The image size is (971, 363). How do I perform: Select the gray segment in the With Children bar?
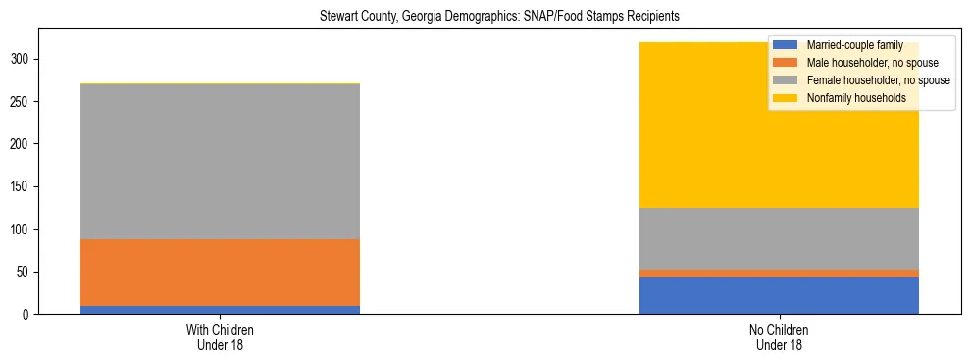click(220, 162)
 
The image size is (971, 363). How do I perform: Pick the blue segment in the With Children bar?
click(220, 310)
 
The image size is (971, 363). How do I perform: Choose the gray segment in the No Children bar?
click(779, 238)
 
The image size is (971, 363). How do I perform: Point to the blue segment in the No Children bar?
click(779, 295)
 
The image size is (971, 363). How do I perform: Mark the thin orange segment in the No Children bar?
click(779, 273)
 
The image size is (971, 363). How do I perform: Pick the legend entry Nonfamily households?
click(848, 98)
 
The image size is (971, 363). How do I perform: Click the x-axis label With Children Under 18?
click(220, 337)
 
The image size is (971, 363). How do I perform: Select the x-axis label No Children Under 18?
click(779, 337)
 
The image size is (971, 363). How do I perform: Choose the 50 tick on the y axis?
click(23, 272)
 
